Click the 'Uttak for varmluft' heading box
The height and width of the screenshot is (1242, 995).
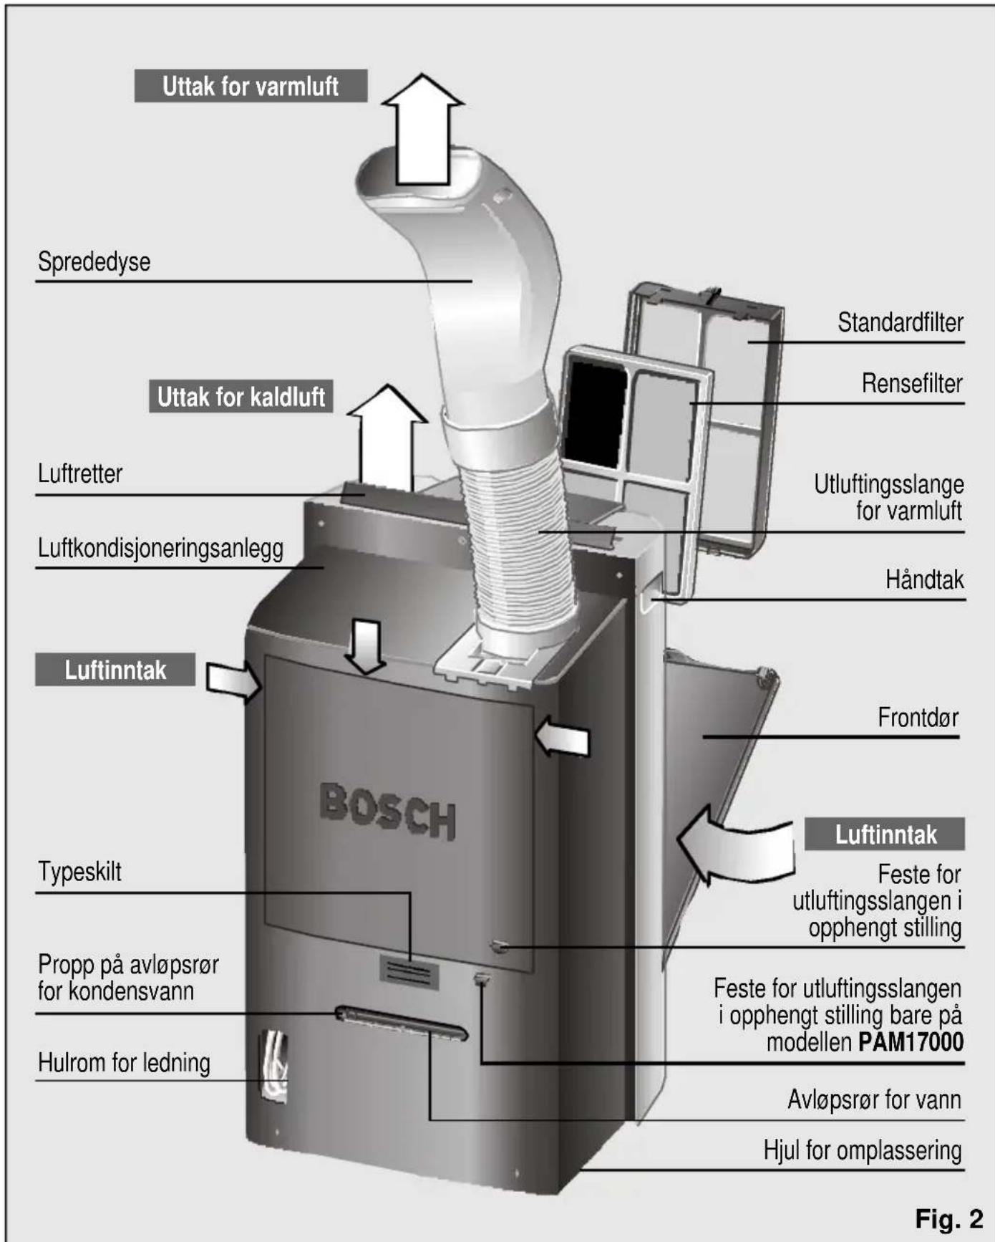[251, 86]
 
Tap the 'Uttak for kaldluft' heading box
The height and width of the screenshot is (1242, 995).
[241, 396]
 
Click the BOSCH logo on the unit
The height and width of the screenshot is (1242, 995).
[387, 811]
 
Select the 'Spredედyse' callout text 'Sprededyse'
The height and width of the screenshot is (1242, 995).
[94, 261]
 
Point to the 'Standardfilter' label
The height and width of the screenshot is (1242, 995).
[900, 322]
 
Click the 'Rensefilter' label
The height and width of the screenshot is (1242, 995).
[911, 383]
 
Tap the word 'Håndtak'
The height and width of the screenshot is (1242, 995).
[924, 579]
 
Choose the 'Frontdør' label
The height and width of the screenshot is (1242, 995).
[918, 717]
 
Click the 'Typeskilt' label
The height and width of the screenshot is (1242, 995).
[79, 872]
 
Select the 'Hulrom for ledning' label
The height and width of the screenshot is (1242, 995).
[124, 1062]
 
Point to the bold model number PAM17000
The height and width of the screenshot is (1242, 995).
[911, 1041]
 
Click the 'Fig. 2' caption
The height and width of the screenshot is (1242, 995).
[949, 1218]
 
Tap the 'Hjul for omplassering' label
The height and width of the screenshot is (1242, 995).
[862, 1150]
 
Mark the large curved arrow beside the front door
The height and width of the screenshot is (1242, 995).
[730, 845]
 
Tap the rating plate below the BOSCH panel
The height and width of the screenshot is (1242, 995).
[408, 972]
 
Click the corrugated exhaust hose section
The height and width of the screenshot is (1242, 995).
[515, 544]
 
